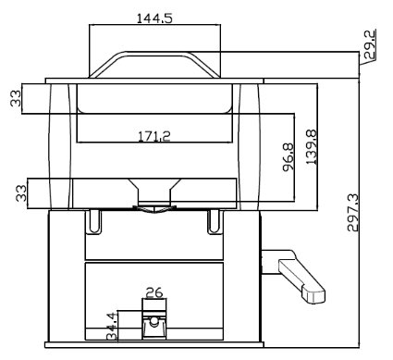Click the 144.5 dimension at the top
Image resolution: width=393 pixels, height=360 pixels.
click(x=154, y=18)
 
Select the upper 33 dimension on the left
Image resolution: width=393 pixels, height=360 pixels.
click(x=16, y=99)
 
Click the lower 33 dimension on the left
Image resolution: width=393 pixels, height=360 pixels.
click(x=16, y=193)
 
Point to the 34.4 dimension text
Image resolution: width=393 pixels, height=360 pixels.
click(x=112, y=329)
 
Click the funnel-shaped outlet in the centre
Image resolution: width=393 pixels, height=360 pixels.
click(x=154, y=196)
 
